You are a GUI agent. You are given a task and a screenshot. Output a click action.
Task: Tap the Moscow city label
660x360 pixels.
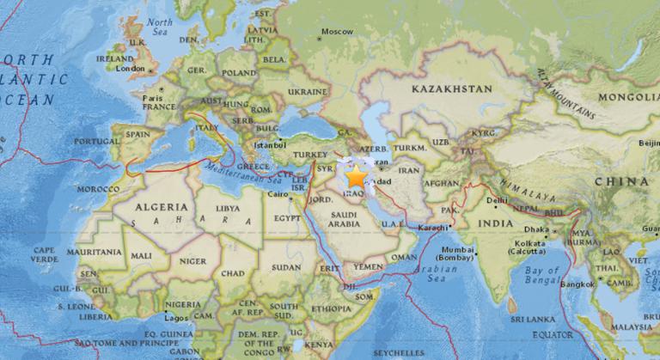coord(336,33)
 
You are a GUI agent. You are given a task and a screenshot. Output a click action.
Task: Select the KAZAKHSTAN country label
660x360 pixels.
coord(451,88)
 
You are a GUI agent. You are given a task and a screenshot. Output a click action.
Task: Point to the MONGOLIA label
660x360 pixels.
coord(626,98)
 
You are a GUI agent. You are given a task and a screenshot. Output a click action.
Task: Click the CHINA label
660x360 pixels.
coord(622,181)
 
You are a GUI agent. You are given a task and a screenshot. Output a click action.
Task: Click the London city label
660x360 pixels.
coord(131,69)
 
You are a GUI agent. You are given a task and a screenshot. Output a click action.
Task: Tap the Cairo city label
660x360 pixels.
coord(277,194)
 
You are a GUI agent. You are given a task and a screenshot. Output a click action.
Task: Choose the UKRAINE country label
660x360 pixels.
coord(307,90)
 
